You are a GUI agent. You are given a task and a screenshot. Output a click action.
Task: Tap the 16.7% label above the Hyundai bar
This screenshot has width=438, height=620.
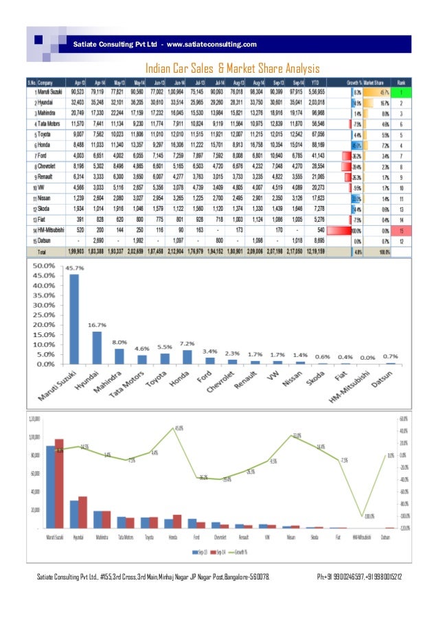click(99, 325)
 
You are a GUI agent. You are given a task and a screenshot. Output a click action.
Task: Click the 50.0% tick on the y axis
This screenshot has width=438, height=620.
click(42, 265)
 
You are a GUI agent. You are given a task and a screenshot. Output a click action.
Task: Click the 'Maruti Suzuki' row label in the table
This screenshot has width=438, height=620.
click(49, 90)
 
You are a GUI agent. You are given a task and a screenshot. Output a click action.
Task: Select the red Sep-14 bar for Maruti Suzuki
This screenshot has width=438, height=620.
click(59, 483)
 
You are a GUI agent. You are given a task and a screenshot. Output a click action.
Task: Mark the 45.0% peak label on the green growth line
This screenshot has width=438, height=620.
click(178, 428)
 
